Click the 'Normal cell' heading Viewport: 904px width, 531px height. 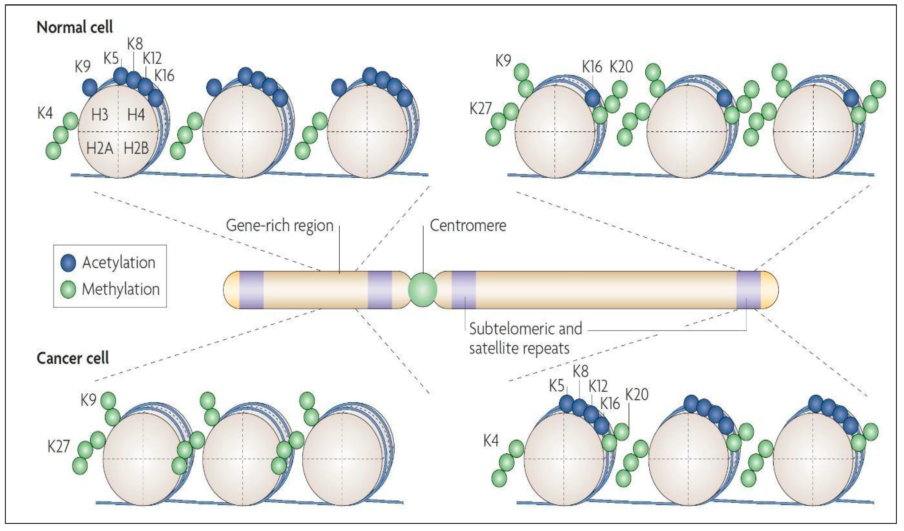[75, 27]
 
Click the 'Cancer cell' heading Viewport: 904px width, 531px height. [72, 358]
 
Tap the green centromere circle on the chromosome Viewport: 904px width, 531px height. [423, 290]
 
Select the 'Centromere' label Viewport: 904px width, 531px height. [468, 225]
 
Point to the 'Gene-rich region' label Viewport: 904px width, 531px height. [280, 225]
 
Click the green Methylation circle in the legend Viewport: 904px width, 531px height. [68, 289]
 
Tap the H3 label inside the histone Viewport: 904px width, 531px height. [100, 115]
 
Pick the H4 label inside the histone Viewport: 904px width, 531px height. [136, 115]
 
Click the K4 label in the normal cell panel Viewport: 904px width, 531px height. [45, 113]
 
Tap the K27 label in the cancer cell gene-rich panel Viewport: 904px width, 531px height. [58, 447]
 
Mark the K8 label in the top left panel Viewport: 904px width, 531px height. [135, 44]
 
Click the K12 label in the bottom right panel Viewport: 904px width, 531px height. [598, 386]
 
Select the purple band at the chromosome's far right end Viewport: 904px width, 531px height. [748, 290]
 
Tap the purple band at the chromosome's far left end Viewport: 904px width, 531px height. [251, 290]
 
